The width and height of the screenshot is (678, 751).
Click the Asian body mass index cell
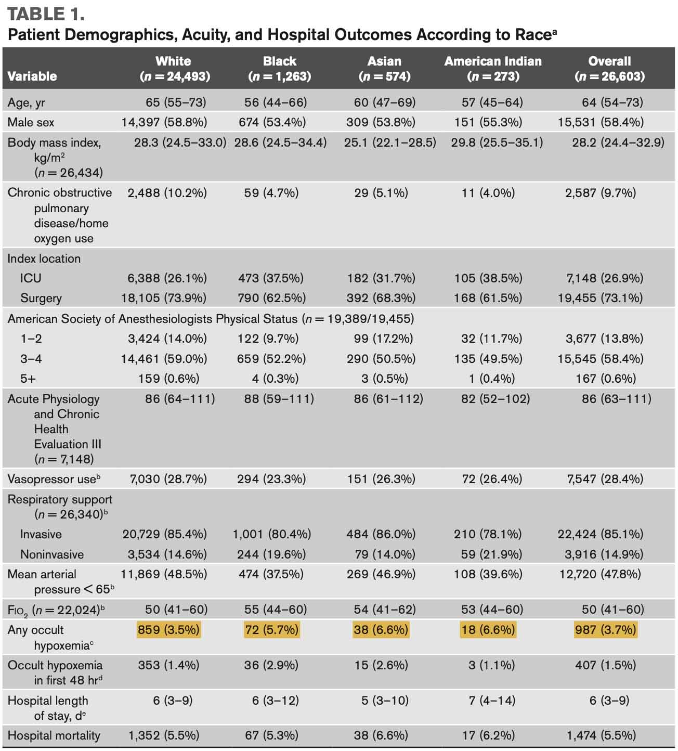tap(389, 142)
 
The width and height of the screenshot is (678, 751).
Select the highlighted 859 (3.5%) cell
tap(168, 630)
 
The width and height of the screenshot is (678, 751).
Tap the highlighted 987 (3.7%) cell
tap(605, 630)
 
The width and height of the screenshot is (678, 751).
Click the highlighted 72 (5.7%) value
tap(272, 630)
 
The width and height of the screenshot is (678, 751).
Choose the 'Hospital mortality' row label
tap(54, 735)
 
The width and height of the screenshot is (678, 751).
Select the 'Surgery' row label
tap(41, 298)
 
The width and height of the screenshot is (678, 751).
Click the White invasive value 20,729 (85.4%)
tap(164, 534)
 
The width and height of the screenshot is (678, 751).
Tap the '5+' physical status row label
tap(29, 379)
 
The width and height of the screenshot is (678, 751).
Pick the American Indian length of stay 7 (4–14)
tap(491, 701)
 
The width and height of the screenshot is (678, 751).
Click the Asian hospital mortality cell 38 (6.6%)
tap(381, 735)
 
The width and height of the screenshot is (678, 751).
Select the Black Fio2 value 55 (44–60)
tap(276, 610)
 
